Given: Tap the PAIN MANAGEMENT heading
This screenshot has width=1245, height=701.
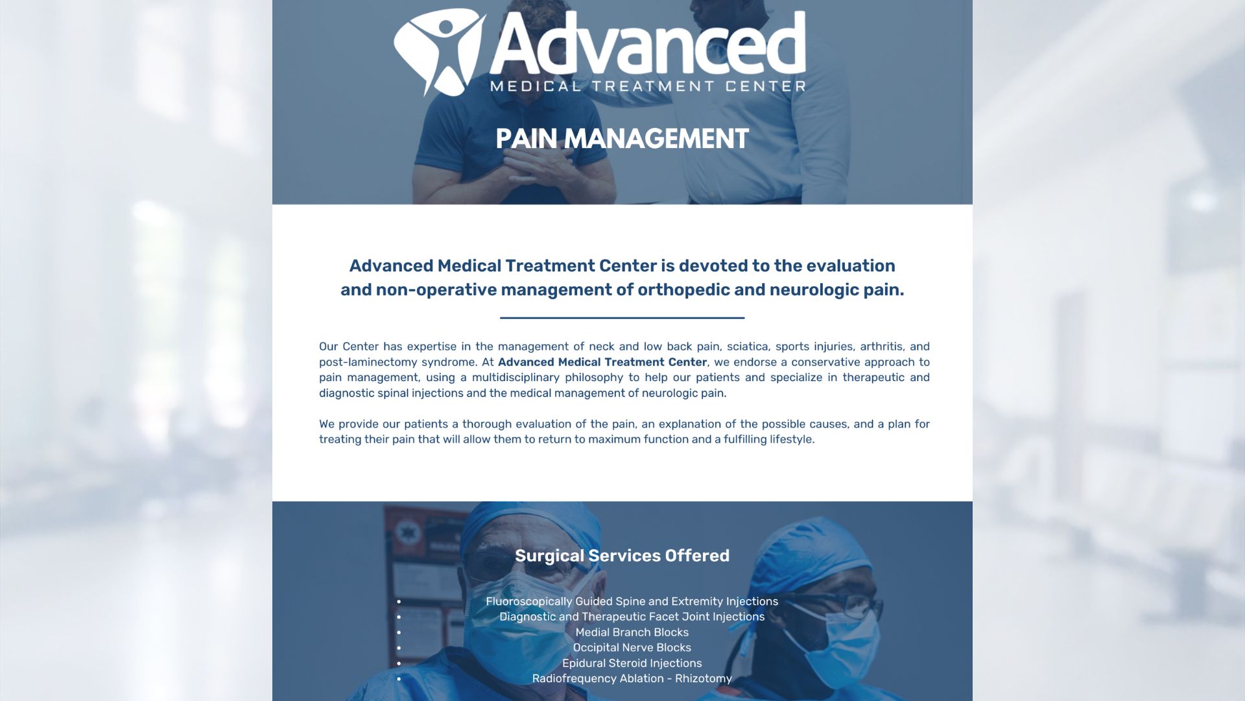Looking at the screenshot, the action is point(622,139).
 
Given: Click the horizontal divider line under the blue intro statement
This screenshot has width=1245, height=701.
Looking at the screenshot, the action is point(622,318).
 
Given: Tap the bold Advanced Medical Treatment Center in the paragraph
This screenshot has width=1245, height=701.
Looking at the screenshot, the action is point(602,362).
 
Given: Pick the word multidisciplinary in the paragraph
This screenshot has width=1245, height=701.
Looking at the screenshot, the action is point(516,378).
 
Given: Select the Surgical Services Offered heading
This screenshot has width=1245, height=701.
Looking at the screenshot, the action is point(622,556).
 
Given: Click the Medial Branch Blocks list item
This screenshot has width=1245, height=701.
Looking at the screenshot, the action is point(632,632).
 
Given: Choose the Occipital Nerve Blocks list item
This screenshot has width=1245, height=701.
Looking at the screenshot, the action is point(632,648).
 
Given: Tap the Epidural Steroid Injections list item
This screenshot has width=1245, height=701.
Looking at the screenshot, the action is point(632,663).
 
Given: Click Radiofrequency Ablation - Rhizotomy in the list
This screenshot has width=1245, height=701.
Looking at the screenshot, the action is point(632,679).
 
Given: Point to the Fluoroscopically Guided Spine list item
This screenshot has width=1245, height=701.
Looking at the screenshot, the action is point(632,602).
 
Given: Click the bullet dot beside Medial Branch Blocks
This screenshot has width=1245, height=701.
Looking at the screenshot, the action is point(399,633).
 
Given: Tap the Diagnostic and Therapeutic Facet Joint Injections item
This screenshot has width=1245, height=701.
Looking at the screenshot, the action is point(632,617).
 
